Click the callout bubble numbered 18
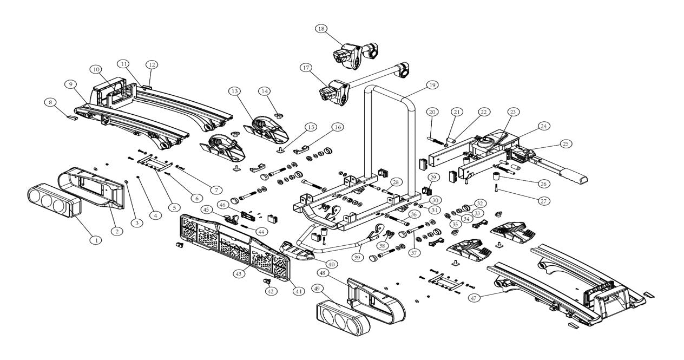(321, 29)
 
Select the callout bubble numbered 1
(96, 240)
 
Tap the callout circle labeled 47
(473, 298)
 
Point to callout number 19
(432, 85)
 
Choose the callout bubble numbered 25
(566, 143)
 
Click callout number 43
(239, 273)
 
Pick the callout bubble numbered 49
(318, 289)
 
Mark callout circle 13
(234, 91)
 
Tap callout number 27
(544, 201)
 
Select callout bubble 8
(50, 102)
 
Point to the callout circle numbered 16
(338, 127)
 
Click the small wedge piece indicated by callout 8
(73, 117)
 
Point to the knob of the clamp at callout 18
(339, 57)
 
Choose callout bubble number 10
(96, 70)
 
